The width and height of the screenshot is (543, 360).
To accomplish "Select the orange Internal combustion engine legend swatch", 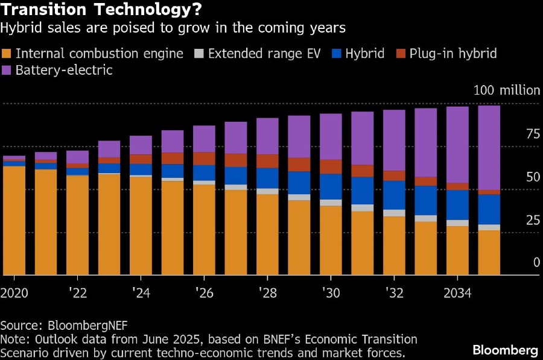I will pyautogui.click(x=7, y=54).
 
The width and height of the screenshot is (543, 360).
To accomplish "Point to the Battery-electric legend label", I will pyautogui.click(x=65, y=70).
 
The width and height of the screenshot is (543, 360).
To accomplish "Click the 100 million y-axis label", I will pyautogui.click(x=507, y=90).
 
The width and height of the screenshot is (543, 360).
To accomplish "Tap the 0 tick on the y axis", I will pyautogui.click(x=535, y=263).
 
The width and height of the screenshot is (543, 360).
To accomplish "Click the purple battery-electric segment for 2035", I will pyautogui.click(x=489, y=148).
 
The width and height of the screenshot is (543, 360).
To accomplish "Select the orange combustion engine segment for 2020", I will pyautogui.click(x=14, y=220).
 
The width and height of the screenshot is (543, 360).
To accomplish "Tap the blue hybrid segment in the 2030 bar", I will pyautogui.click(x=331, y=186).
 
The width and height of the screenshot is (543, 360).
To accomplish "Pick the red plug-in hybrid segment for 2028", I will pyautogui.click(x=267, y=161).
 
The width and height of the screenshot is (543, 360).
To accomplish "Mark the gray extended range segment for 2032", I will pyautogui.click(x=394, y=213).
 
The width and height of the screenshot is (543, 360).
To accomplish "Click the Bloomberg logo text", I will pyautogui.click(x=505, y=350).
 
